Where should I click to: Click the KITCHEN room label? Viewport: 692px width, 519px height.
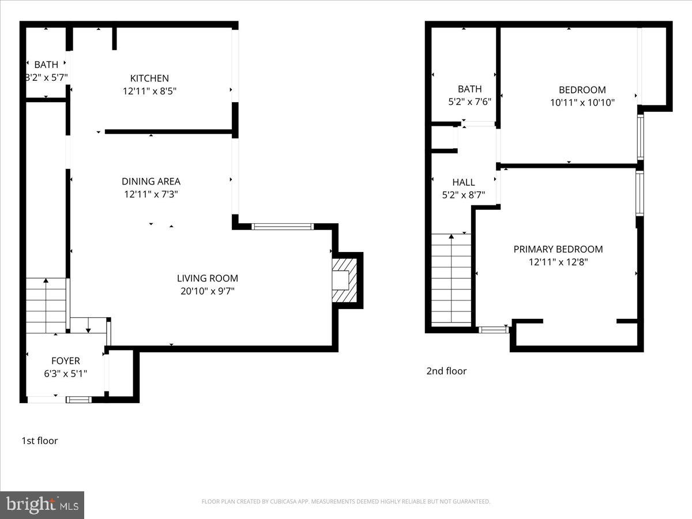[149, 78]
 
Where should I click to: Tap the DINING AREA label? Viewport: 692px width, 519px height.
[151, 181]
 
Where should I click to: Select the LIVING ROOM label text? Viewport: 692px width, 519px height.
[207, 279]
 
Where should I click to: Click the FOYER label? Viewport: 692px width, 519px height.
[66, 361]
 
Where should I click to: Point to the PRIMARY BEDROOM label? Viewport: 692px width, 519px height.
[558, 249]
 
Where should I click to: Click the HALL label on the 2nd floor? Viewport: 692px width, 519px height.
[463, 182]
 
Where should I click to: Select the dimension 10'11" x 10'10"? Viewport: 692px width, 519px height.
[582, 103]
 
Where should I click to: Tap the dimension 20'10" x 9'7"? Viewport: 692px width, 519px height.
[207, 291]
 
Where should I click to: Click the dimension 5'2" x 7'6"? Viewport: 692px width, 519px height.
[469, 102]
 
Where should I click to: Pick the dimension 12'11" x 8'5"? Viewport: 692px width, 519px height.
[149, 91]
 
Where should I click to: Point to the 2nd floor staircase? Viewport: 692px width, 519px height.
[451, 279]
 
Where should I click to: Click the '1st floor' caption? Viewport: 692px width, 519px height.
[40, 441]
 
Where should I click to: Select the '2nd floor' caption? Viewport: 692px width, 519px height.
[446, 371]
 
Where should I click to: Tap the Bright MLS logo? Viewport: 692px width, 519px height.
[42, 505]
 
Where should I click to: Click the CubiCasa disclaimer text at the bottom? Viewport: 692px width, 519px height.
[346, 502]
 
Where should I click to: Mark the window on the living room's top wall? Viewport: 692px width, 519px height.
[283, 227]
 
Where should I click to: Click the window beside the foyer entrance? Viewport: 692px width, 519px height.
[78, 399]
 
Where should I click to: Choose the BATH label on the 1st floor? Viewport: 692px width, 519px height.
[46, 65]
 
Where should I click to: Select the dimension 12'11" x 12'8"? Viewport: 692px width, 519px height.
[558, 262]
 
